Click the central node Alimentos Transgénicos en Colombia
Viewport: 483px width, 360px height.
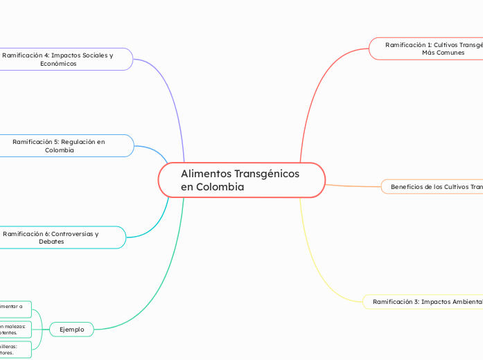[241, 180]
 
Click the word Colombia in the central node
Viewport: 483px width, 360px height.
[220, 187]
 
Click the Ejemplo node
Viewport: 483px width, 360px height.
[72, 330]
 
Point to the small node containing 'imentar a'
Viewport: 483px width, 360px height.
[15, 309]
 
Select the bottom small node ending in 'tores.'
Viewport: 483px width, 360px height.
[15, 349]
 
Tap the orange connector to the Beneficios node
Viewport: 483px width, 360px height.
[353, 186]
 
